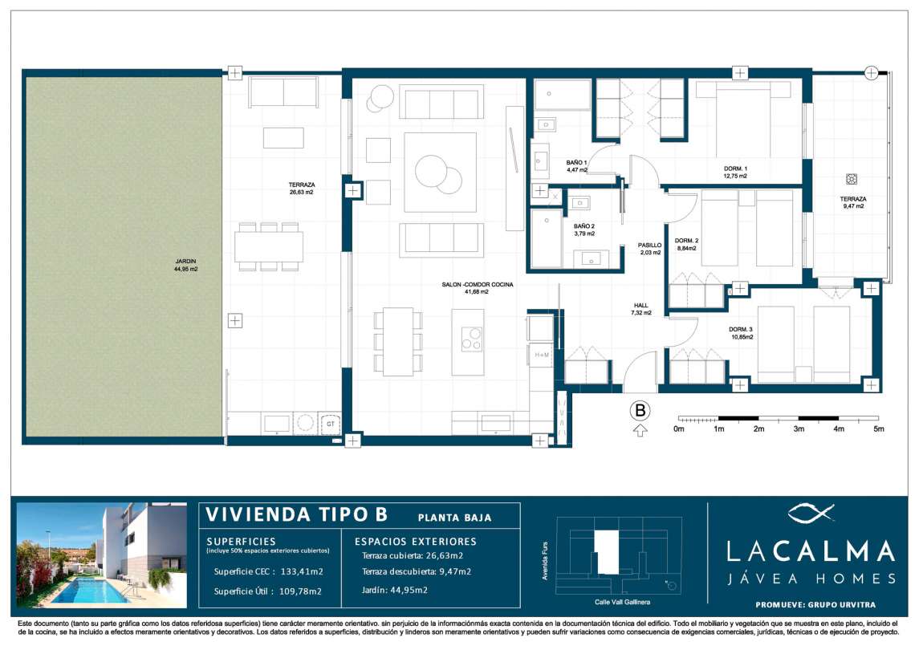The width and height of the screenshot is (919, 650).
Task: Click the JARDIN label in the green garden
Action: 185,262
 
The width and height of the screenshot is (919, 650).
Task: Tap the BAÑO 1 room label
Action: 577,163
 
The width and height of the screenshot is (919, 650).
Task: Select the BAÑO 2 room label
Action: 584,226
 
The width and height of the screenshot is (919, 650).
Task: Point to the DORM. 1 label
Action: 735,169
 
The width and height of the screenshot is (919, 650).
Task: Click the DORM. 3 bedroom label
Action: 741,329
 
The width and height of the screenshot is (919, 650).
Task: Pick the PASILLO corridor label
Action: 650,246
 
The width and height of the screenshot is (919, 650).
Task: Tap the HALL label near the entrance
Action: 641,306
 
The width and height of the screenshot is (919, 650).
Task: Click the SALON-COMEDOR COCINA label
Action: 477,285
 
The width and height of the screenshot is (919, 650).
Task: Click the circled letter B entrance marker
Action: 640,411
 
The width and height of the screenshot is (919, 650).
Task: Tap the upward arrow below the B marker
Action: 640,431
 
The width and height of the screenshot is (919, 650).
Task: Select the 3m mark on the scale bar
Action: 799,429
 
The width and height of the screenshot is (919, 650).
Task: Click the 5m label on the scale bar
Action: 879,429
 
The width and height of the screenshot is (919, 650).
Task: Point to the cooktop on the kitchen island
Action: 472,339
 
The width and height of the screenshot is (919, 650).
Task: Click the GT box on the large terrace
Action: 330,424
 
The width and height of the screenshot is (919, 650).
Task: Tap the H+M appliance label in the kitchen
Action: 542,355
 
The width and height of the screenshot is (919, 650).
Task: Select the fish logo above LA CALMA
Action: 811,514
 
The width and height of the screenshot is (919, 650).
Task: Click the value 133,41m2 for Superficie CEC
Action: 302,571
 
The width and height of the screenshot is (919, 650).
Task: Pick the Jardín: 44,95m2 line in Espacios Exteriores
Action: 394,591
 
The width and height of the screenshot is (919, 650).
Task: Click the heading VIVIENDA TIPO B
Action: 296,514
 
